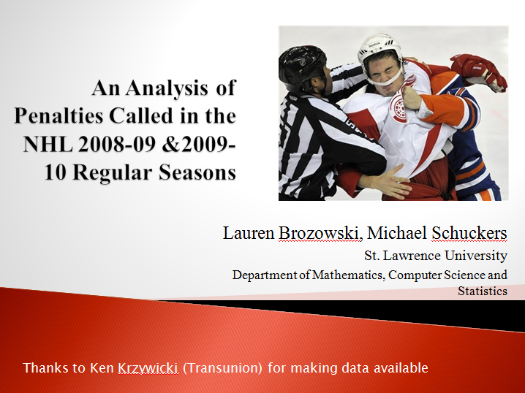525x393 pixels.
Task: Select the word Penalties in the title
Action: (58, 116)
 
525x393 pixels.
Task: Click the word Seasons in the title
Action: (197, 172)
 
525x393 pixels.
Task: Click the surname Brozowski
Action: (320, 233)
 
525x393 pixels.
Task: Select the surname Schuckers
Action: (469, 233)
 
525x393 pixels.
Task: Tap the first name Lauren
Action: (249, 233)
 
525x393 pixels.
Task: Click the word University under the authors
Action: (476, 256)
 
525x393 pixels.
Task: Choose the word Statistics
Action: (483, 291)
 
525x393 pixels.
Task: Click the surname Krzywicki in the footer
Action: (148, 368)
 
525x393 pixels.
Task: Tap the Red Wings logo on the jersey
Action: (399, 107)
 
